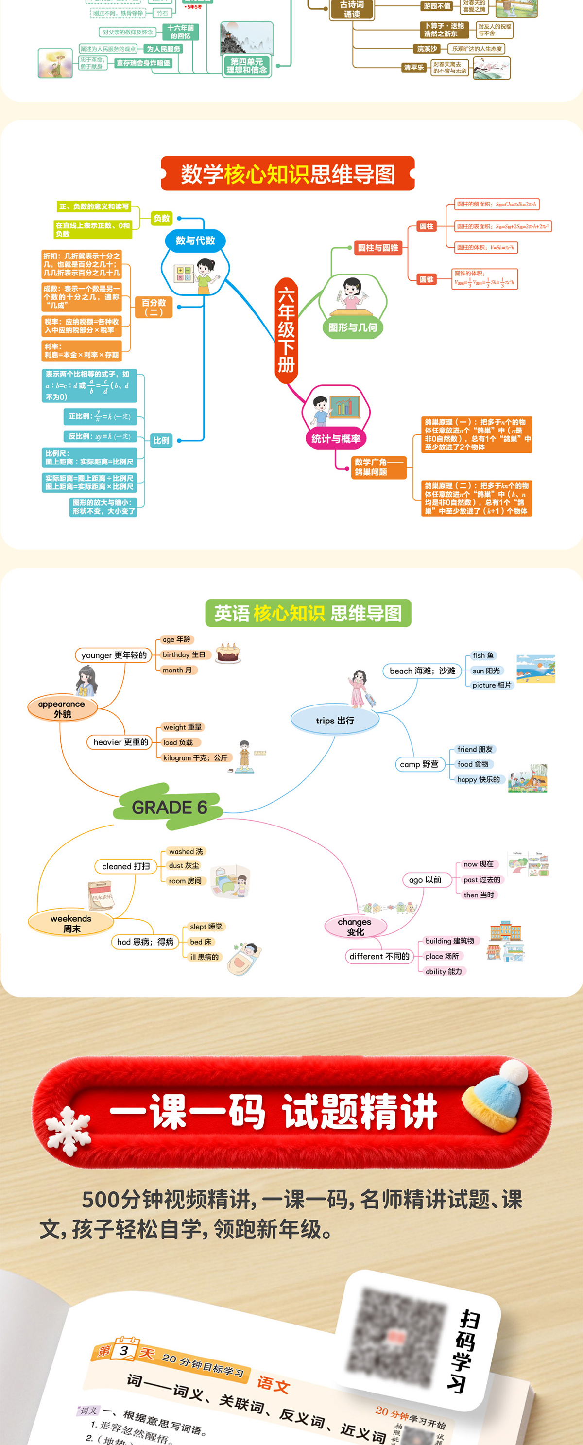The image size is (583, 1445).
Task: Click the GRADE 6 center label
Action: point(169,807)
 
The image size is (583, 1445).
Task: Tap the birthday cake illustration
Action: point(228,653)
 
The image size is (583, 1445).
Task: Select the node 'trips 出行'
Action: point(335,720)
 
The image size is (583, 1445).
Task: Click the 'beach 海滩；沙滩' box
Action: point(422,671)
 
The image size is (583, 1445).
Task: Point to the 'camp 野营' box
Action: point(419,764)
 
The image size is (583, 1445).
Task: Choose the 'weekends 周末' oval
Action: point(71,923)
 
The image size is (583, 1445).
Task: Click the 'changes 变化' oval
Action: point(355,927)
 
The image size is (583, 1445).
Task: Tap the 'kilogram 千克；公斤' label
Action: point(195,757)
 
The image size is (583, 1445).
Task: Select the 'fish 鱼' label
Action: point(482,655)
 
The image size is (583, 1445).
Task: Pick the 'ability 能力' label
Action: point(443,971)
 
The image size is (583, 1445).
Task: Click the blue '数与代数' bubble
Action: point(195,241)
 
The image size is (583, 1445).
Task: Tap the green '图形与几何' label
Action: point(352,327)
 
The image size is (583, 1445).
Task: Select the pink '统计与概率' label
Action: point(336,439)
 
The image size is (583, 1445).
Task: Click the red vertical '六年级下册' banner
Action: point(286,330)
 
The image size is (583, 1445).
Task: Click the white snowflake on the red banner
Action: point(68,1129)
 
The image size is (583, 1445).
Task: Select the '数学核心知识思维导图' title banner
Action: point(287,174)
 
